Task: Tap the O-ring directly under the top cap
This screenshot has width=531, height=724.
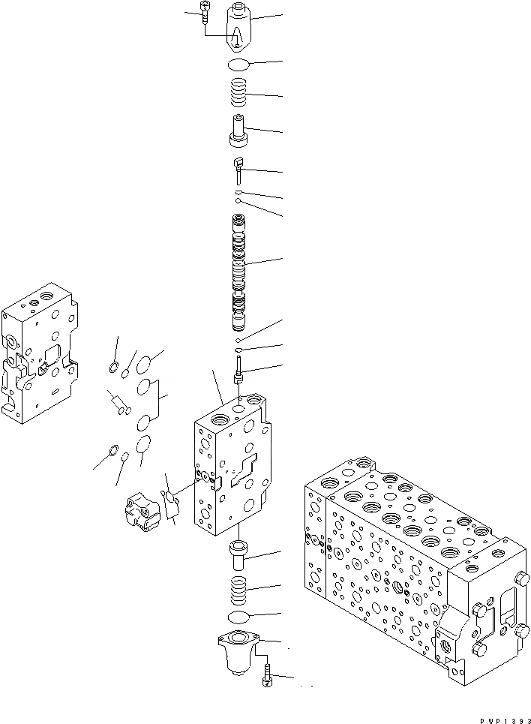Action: [x=240, y=65]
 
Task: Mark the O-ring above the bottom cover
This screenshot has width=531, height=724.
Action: [x=238, y=617]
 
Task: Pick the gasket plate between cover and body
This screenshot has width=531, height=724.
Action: [x=172, y=500]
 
